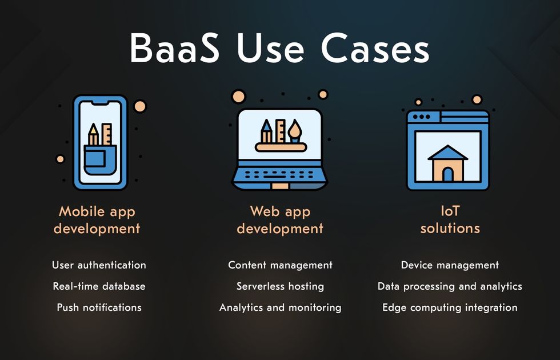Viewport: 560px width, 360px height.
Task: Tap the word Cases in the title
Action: (x=375, y=48)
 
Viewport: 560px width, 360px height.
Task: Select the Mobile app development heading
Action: (x=97, y=219)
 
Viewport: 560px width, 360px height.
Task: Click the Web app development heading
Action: (x=280, y=219)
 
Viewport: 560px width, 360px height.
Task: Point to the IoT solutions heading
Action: (x=450, y=219)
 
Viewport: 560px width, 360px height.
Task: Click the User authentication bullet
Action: (x=99, y=265)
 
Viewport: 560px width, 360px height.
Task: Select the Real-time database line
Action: (x=99, y=286)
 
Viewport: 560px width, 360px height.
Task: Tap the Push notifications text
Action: (x=99, y=307)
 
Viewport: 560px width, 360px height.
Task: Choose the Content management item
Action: (x=280, y=265)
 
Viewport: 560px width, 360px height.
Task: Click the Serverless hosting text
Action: (x=280, y=286)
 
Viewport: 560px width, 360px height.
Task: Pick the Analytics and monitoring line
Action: (x=280, y=307)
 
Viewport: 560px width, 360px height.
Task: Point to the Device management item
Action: (x=450, y=265)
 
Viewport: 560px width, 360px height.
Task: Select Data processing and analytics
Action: (x=450, y=286)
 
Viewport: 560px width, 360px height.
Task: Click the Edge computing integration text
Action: (x=450, y=307)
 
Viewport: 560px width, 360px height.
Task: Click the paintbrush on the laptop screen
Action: (x=295, y=131)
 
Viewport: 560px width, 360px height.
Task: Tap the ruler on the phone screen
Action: (x=106, y=134)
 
